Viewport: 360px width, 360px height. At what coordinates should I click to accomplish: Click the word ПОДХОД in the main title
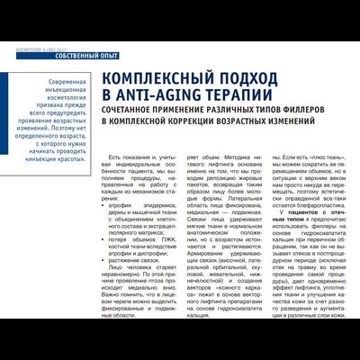[221, 77]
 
